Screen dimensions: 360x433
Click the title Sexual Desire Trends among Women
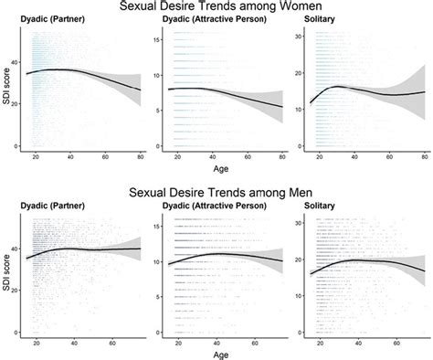click(x=216, y=7)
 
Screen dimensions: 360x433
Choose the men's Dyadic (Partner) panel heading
click(x=57, y=215)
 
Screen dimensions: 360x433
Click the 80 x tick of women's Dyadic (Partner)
click(x=140, y=157)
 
